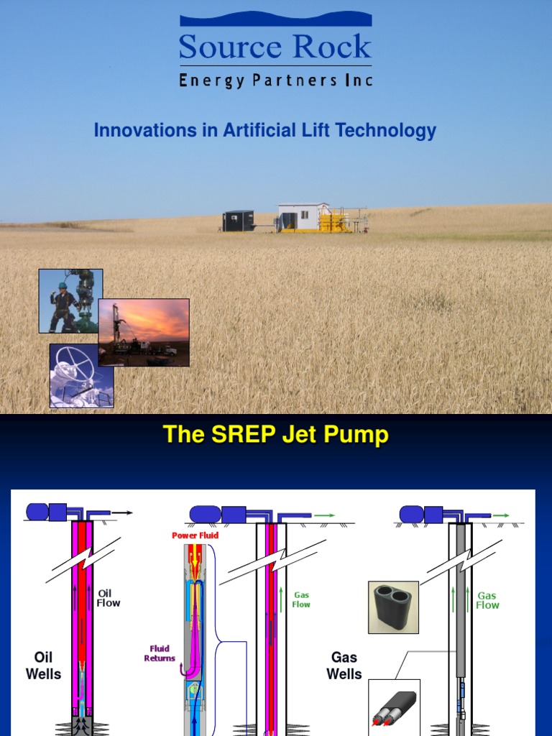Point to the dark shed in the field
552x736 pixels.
coord(238,221)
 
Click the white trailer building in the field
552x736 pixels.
coord(302,216)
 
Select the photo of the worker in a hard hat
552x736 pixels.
coord(70,301)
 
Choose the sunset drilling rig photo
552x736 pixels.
coord(144,332)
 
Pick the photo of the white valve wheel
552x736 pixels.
coord(81,376)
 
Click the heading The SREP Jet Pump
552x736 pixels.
coord(275,435)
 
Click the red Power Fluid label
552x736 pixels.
coord(195,535)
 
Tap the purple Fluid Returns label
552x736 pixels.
coord(160,653)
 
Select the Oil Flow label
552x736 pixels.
coord(109,598)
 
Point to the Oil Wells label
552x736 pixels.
coord(43,666)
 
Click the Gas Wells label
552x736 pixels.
coord(344,666)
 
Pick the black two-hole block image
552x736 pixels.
coord(393,607)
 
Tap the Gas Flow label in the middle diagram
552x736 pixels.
coord(301,599)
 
